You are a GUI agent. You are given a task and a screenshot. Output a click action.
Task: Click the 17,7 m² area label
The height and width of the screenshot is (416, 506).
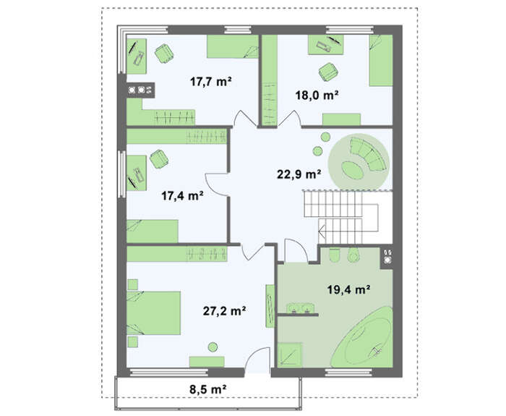[x=211, y=82]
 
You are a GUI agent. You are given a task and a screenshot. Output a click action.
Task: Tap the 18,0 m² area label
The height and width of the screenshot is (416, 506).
[x=317, y=95]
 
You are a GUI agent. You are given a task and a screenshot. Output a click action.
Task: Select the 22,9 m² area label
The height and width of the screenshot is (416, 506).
[x=299, y=174]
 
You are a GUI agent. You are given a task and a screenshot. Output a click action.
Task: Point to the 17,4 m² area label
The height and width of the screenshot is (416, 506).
[x=182, y=195]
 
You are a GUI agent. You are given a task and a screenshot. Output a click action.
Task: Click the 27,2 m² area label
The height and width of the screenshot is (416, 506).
[x=224, y=310]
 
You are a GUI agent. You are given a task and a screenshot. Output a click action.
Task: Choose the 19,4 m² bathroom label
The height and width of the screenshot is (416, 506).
[x=348, y=289]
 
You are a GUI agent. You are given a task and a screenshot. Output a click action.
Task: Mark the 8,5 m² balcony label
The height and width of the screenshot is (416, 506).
[x=207, y=389]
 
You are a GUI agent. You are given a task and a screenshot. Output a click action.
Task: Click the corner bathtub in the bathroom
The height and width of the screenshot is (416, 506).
[x=362, y=338]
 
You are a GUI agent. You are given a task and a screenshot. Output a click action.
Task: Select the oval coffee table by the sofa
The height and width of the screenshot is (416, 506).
[x=353, y=169]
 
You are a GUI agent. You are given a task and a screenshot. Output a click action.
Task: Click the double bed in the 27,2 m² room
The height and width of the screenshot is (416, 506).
[x=153, y=313]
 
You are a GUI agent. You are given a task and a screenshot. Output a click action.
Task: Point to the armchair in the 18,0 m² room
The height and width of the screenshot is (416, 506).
[x=328, y=72]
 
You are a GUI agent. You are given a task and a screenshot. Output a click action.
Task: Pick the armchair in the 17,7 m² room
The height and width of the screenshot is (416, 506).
[x=165, y=54]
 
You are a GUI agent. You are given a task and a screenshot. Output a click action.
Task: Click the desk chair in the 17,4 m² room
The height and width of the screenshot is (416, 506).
[x=159, y=159]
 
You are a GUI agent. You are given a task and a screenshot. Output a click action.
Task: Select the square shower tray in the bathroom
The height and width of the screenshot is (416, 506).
[x=290, y=355]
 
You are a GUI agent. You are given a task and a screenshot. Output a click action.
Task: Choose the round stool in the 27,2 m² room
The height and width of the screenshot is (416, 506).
[x=213, y=347]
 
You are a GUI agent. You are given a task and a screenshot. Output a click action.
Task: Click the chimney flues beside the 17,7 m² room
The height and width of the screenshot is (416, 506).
[x=140, y=90]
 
